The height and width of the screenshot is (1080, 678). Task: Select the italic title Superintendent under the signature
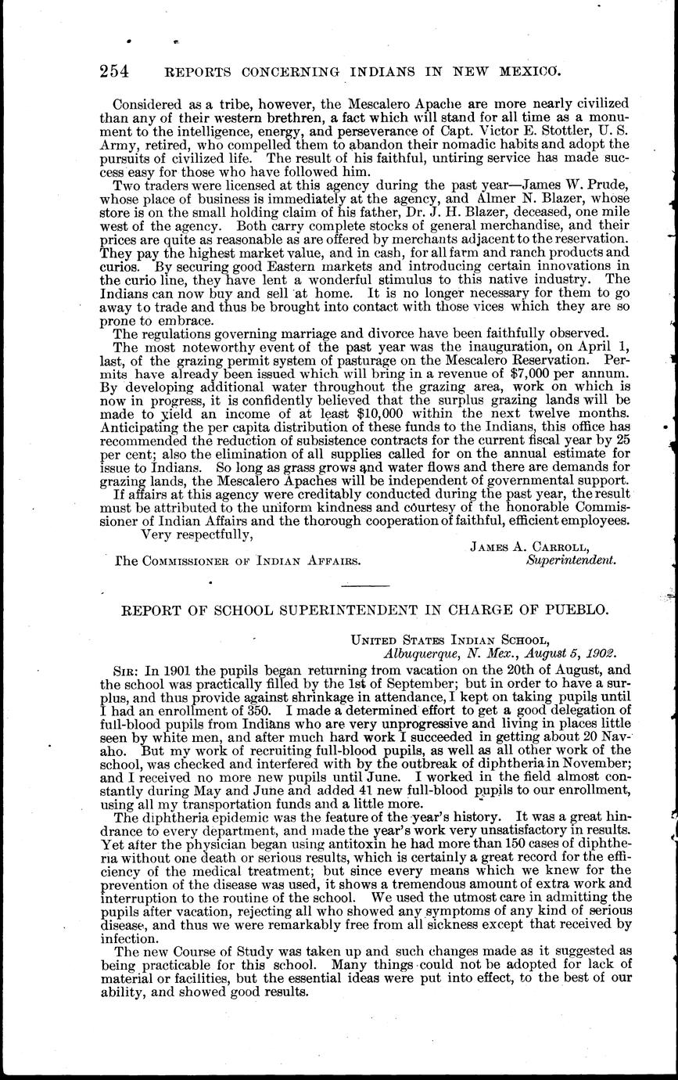[571, 560]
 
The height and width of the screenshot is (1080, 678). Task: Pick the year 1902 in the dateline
[600, 653]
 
